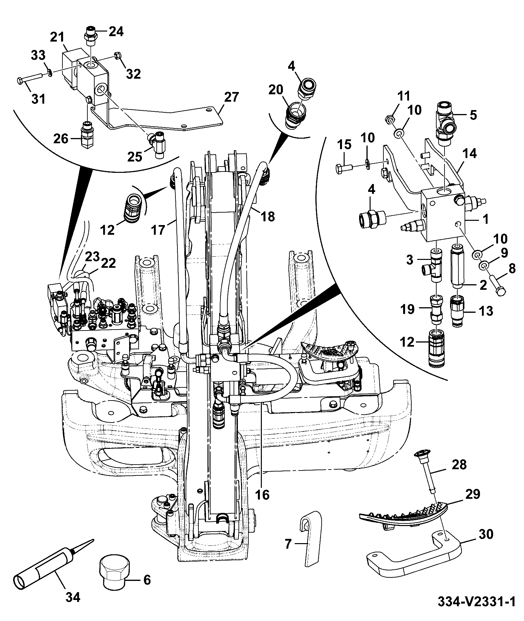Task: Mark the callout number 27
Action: (x=232, y=98)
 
